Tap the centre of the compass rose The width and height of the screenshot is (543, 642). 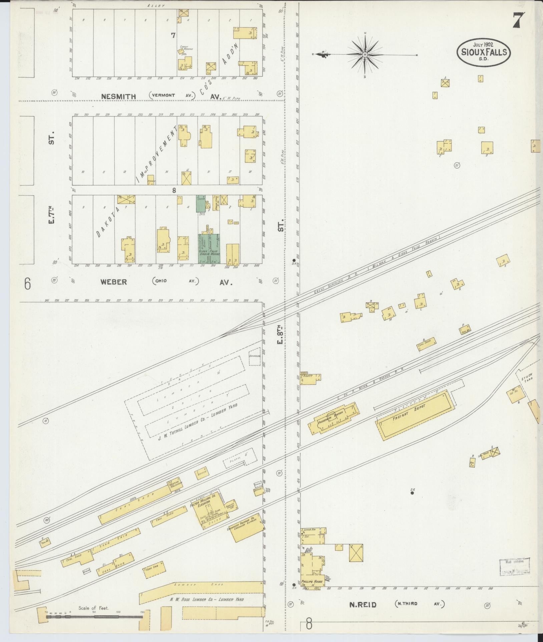[x=365, y=54]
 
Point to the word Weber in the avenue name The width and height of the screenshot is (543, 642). [x=114, y=282]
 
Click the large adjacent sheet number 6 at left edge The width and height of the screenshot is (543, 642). [x=27, y=284]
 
